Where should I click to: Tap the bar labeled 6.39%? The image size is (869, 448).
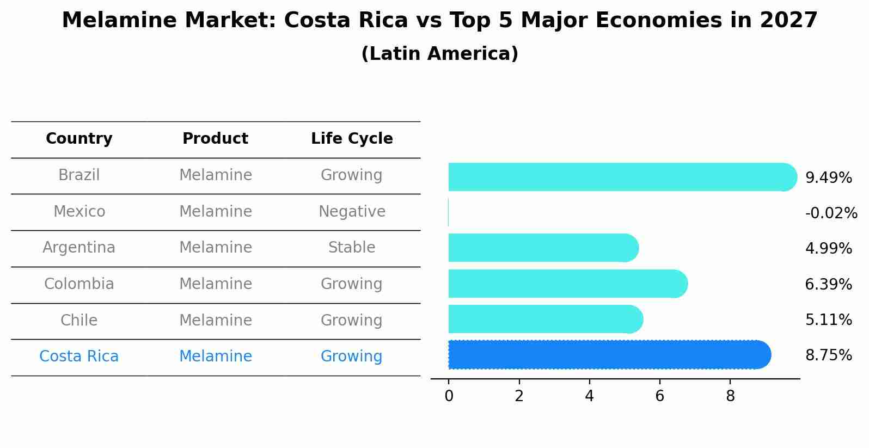click(566, 284)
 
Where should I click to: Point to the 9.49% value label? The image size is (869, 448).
click(828, 178)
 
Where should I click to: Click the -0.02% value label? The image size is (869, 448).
click(831, 213)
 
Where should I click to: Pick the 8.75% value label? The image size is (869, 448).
click(828, 355)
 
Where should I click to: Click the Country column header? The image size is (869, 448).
click(79, 139)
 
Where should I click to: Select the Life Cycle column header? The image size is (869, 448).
click(352, 139)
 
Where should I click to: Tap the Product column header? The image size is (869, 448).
click(215, 139)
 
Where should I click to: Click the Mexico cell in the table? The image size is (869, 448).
click(79, 212)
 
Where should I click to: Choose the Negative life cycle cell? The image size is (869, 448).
click(352, 212)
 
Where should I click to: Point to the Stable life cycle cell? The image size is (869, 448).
click(352, 248)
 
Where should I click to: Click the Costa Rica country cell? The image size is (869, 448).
click(79, 357)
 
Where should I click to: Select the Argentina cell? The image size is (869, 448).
click(79, 248)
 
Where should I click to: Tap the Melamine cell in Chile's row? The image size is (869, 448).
click(215, 321)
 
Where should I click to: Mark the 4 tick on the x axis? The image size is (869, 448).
click(589, 396)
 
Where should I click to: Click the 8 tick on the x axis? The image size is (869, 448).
click(730, 396)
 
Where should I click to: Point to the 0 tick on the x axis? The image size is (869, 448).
click(449, 396)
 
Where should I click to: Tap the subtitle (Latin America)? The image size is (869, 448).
click(439, 54)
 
